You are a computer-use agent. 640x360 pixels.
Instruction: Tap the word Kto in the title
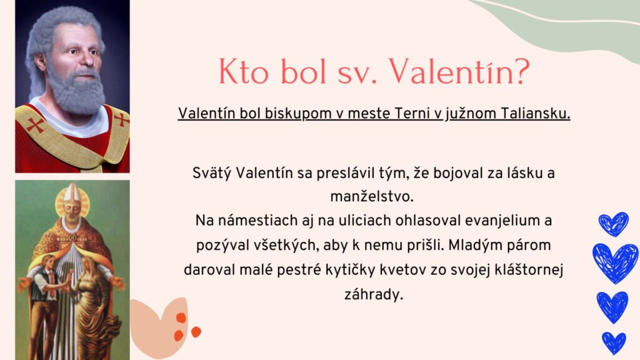click(x=244, y=72)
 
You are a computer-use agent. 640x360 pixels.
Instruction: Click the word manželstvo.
click(x=372, y=197)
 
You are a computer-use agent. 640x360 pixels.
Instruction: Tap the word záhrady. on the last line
click(x=374, y=294)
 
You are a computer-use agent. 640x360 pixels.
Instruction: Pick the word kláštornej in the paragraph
click(x=529, y=270)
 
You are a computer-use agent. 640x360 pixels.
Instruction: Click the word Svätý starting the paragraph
click(x=211, y=173)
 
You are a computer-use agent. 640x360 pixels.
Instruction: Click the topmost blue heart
click(x=614, y=224)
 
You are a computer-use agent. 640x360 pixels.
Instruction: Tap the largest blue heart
click(x=615, y=263)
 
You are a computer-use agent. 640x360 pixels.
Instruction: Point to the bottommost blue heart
click(x=614, y=342)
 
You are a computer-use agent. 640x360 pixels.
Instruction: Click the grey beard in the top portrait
click(x=77, y=93)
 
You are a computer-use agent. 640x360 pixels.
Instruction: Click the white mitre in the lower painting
click(x=72, y=192)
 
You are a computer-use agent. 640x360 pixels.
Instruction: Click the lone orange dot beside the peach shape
click(x=196, y=332)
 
